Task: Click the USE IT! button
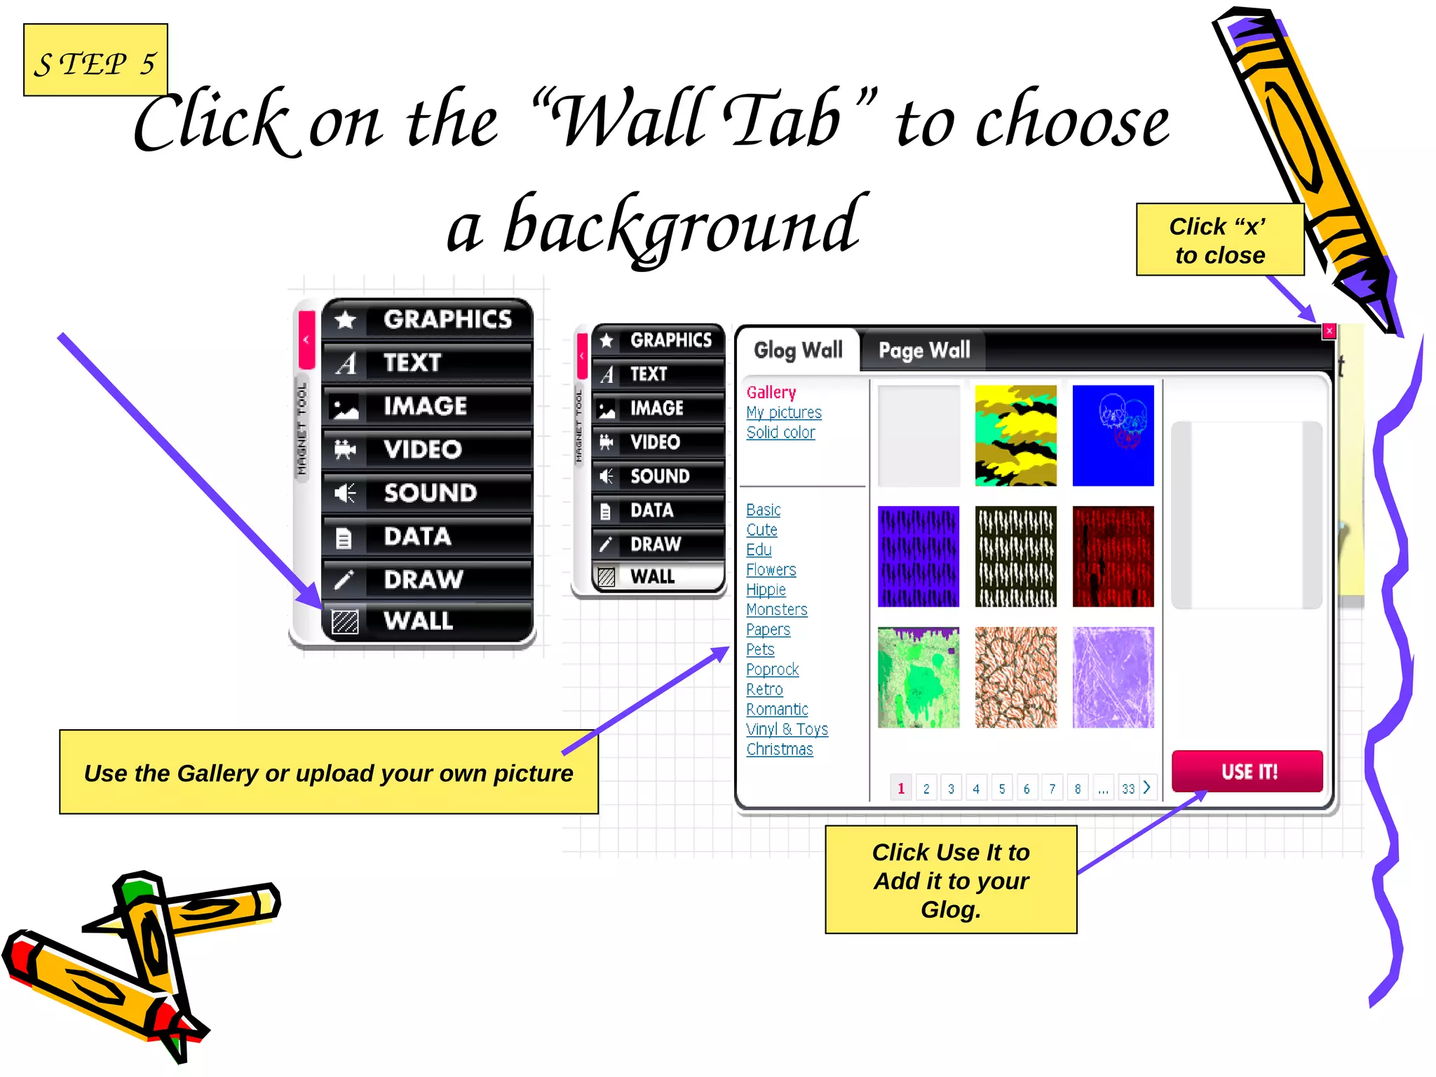click(x=1247, y=771)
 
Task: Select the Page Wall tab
click(x=923, y=350)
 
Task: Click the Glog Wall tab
click(x=798, y=350)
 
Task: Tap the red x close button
click(x=1329, y=331)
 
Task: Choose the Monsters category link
click(x=776, y=610)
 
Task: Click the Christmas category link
click(x=779, y=750)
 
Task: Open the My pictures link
click(x=783, y=413)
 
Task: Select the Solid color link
click(x=780, y=433)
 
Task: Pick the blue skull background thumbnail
click(x=1113, y=435)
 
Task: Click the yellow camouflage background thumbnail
click(x=1015, y=435)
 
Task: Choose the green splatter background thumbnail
click(x=918, y=677)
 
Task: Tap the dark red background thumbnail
click(x=1113, y=557)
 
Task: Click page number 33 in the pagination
click(x=1127, y=789)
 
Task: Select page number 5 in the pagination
click(x=1002, y=789)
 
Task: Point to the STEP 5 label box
click(x=95, y=60)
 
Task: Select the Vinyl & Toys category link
click(x=787, y=730)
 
